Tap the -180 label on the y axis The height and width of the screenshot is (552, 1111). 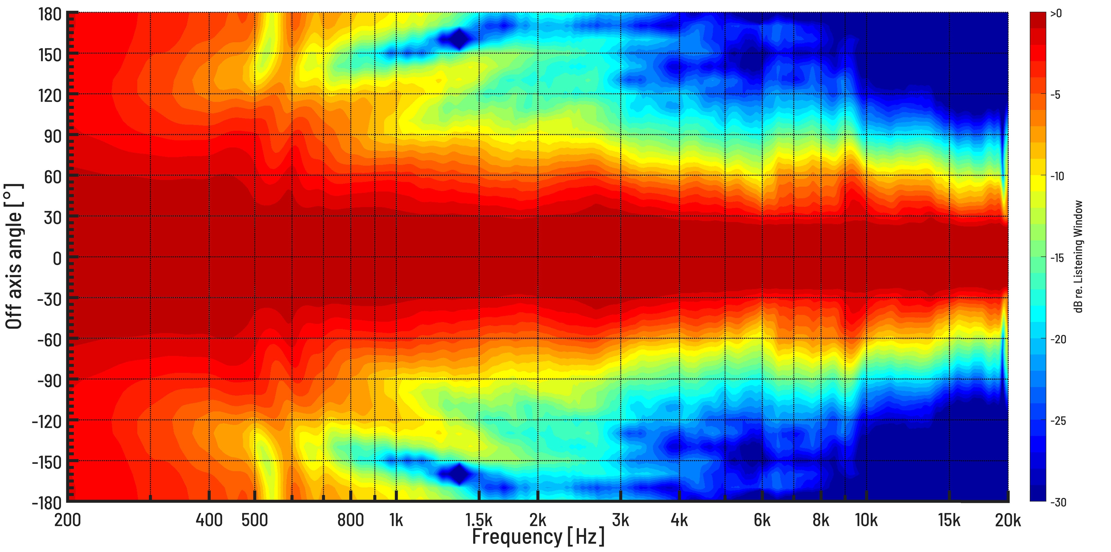(47, 503)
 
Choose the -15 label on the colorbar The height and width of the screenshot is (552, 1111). (1057, 258)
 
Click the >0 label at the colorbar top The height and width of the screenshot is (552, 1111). (1056, 14)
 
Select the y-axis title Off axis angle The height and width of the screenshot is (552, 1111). (14, 257)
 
